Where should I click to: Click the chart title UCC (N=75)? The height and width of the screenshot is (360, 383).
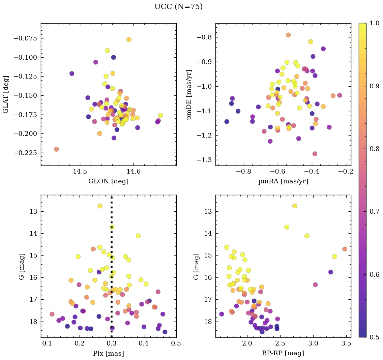(178, 7)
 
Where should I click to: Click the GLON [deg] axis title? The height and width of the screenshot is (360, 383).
(108, 181)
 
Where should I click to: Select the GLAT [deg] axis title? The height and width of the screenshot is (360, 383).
(6, 94)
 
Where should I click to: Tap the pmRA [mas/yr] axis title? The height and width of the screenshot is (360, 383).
(283, 181)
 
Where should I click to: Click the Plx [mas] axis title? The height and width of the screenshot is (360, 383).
(108, 353)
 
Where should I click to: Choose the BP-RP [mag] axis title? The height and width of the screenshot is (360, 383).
(283, 353)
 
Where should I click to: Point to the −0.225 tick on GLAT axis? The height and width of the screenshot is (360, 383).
(25, 153)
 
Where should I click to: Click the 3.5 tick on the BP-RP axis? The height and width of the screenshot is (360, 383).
(346, 344)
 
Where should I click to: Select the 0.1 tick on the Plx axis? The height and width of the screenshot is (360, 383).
(47, 344)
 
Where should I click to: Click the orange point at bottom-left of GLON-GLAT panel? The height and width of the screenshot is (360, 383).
(56, 149)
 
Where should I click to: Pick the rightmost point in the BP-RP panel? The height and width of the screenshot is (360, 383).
(345, 249)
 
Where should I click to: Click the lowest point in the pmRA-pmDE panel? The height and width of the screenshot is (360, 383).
(315, 154)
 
